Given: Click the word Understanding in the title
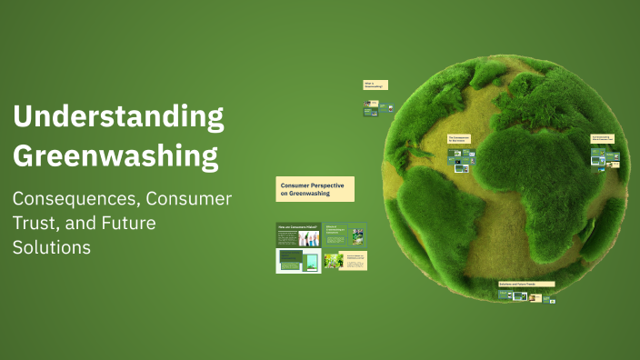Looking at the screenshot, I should [x=118, y=117].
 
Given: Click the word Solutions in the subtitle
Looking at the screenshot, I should [x=51, y=246].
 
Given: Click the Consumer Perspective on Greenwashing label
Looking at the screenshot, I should [x=315, y=189].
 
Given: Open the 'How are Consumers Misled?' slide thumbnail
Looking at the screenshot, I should [x=297, y=235].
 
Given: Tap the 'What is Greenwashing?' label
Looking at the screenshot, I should [x=375, y=85].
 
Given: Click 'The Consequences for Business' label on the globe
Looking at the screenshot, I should [x=459, y=139].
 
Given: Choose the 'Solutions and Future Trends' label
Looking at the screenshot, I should [x=526, y=284].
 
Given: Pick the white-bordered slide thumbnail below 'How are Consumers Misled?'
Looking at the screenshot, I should [x=298, y=261].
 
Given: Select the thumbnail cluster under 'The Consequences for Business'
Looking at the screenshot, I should [x=462, y=160].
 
